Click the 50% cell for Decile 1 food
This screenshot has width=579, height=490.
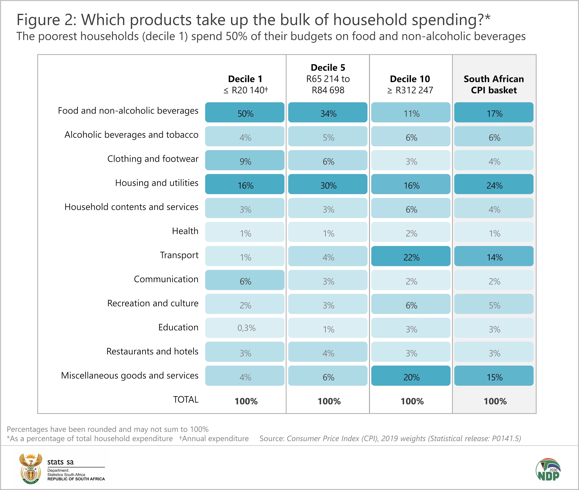[245, 112]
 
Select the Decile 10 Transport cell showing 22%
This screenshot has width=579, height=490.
[411, 256]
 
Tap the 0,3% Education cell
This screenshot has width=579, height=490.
[245, 328]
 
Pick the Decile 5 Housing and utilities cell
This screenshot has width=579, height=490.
[328, 184]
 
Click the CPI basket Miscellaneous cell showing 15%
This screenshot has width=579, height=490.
[494, 376]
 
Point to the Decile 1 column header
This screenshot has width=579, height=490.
[245, 84]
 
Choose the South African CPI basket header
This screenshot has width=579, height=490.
[494, 84]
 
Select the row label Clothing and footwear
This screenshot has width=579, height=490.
[153, 159]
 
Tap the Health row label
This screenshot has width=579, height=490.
[185, 231]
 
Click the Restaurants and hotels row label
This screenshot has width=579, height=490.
[152, 351]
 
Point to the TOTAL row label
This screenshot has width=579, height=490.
[186, 400]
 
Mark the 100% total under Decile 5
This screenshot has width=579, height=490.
[329, 401]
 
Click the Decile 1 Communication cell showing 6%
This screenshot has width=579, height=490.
[245, 280]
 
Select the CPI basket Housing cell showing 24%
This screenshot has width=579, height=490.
[494, 184]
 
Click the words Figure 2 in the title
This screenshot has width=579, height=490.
[46, 20]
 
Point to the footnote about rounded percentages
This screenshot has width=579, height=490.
[108, 429]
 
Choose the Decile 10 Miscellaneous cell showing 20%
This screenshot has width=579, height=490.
[411, 376]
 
